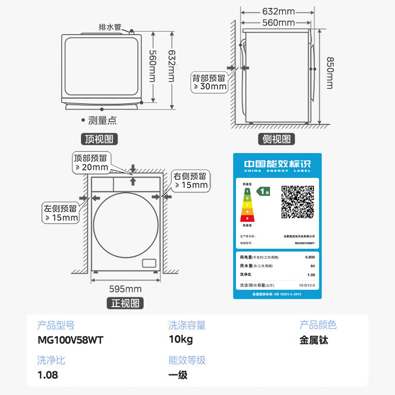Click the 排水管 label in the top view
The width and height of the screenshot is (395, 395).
pos(110,27)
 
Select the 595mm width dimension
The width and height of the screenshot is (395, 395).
pos(125,289)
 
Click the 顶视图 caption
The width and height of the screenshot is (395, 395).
pos(99,139)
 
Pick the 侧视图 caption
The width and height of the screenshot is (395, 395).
pos(276,139)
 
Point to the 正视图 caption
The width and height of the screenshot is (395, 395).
pos(125,303)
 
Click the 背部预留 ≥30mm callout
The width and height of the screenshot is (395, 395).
pos(209,82)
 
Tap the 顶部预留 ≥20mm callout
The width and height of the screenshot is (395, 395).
pos(91,162)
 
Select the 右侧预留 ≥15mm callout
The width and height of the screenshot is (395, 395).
pos(190,180)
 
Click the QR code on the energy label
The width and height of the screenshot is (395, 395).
pos(298,202)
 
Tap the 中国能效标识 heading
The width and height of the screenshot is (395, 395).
pos(277,164)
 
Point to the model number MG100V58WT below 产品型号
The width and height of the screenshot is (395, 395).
pos(71,340)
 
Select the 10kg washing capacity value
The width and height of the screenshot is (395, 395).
pos(180,340)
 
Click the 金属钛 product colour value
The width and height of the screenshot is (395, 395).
pos(314,340)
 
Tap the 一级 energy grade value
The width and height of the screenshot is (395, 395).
pos(178,375)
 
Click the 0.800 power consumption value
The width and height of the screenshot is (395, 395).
pos(310,257)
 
